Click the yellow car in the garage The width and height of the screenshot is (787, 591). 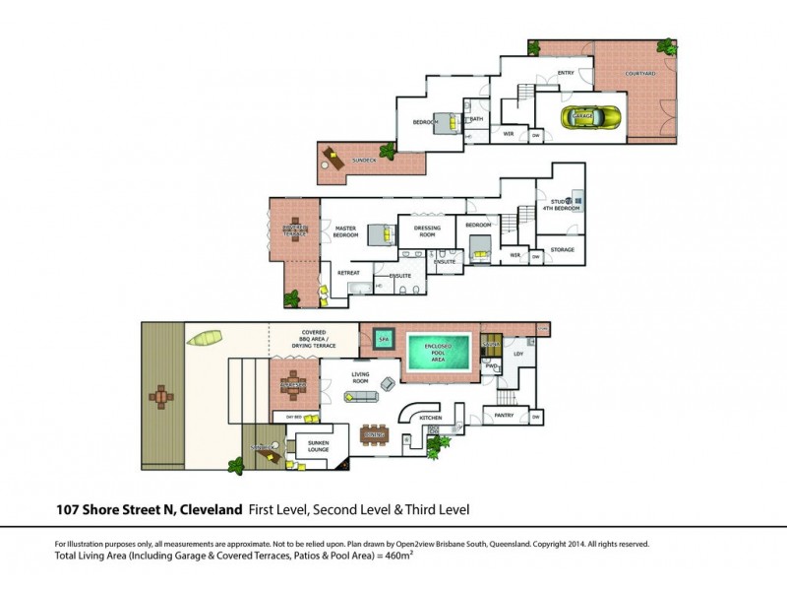[x=579, y=116]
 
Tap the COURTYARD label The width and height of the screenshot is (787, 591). [x=643, y=74]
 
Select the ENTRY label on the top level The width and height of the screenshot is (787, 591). [x=565, y=73]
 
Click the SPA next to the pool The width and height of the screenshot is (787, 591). [x=383, y=340]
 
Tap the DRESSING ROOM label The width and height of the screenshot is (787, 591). [x=427, y=231]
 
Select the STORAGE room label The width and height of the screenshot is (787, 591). [x=562, y=250]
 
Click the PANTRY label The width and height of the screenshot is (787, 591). [x=504, y=415]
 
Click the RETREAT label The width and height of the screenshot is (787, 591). [x=349, y=272]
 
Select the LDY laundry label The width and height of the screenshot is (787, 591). [x=518, y=353]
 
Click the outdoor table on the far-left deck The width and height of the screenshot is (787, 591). [x=161, y=397]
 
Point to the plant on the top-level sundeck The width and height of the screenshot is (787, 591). [x=387, y=152]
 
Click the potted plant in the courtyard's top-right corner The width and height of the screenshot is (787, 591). [x=668, y=46]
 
